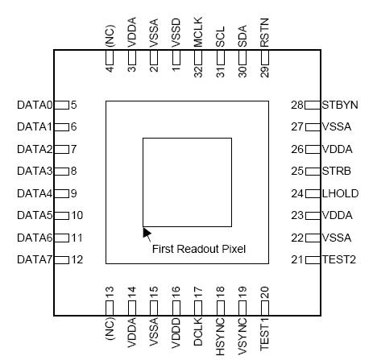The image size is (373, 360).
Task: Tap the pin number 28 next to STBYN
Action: [297, 105]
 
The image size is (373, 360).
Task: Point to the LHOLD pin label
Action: [339, 193]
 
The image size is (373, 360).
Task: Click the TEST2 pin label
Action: [338, 259]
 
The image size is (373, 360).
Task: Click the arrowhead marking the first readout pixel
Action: [146, 232]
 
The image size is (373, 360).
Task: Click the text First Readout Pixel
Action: [198, 250]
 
